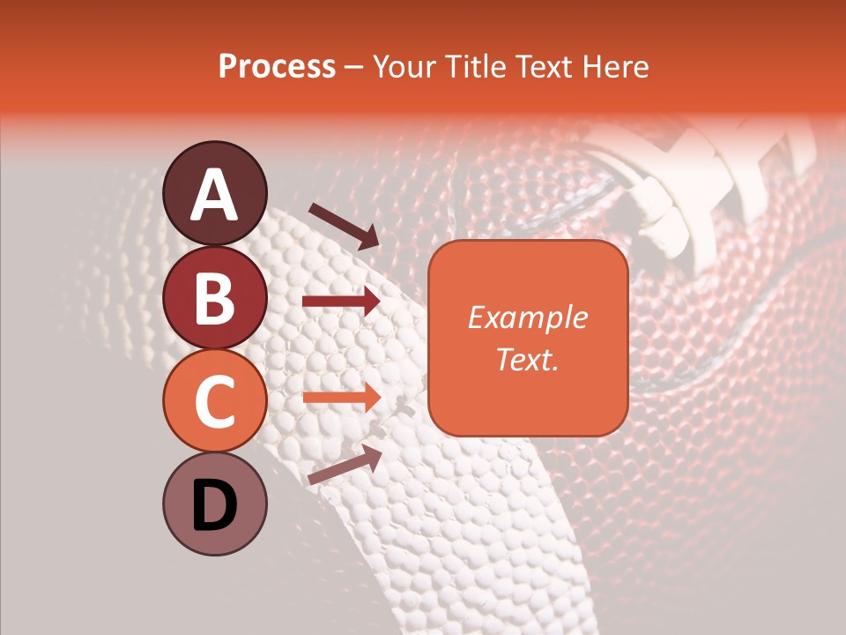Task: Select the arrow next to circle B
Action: (341, 302)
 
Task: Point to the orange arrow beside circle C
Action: (341, 397)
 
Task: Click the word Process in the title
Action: (277, 66)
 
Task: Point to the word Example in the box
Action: (527, 317)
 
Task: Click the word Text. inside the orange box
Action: (527, 359)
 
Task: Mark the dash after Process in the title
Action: (354, 67)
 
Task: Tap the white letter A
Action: (214, 195)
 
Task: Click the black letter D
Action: (214, 505)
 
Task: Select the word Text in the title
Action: (544, 66)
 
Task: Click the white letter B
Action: (214, 298)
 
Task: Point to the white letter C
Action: (214, 401)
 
